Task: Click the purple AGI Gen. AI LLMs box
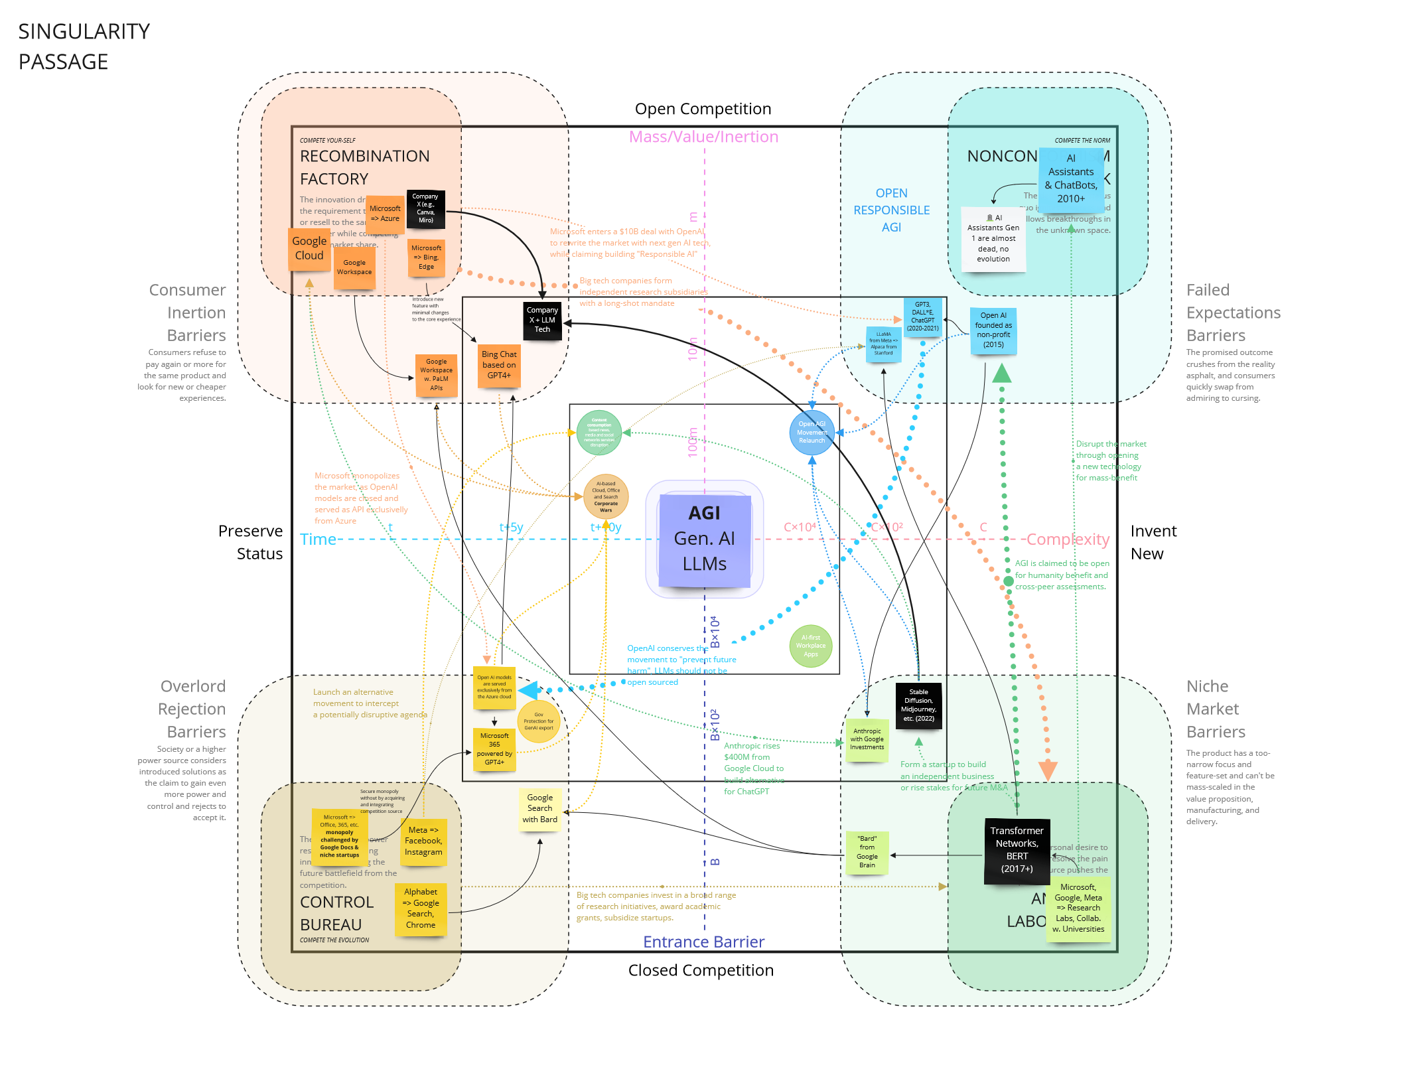click(x=704, y=539)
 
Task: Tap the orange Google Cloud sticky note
click(x=309, y=249)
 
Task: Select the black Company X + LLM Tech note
click(x=542, y=320)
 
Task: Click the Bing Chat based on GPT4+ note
click(x=499, y=366)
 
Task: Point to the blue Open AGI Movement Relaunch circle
click(x=812, y=433)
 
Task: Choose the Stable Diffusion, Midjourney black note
click(x=918, y=705)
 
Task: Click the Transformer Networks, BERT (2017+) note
click(x=1017, y=850)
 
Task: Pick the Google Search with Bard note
click(x=539, y=808)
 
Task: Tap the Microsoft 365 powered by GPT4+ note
click(x=494, y=749)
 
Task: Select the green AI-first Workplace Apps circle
click(x=811, y=646)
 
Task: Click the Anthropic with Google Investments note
click(x=867, y=739)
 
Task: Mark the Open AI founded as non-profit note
click(x=993, y=330)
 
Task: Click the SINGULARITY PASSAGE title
click(x=84, y=46)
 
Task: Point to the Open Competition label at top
click(x=703, y=109)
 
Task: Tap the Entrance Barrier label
click(x=703, y=942)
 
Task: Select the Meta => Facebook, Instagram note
click(x=423, y=841)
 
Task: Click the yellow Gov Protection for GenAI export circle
click(x=538, y=721)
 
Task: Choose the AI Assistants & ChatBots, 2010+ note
click(x=1071, y=179)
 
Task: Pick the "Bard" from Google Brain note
click(x=867, y=852)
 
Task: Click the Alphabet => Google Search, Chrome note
click(x=421, y=908)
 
